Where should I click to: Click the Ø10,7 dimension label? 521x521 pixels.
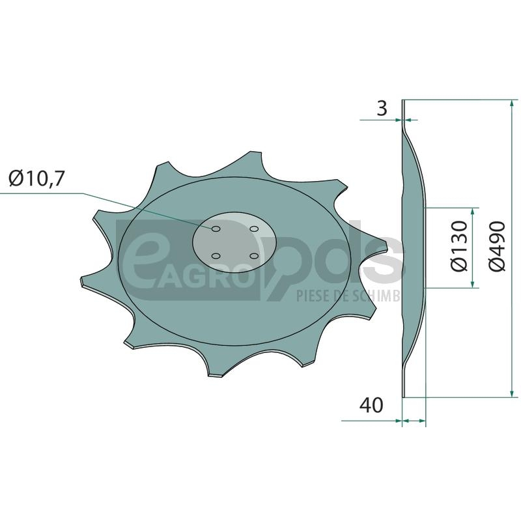coord(36,179)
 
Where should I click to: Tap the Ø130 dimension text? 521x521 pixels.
coord(460,247)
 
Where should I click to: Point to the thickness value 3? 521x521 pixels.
coord(382,108)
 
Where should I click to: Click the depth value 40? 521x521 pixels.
coord(371,405)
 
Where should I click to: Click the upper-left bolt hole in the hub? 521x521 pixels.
coord(216,229)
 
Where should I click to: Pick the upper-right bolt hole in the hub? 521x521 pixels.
coord(254,229)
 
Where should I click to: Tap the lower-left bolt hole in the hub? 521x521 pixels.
coord(216,256)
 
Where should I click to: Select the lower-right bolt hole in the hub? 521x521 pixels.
coord(254,256)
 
